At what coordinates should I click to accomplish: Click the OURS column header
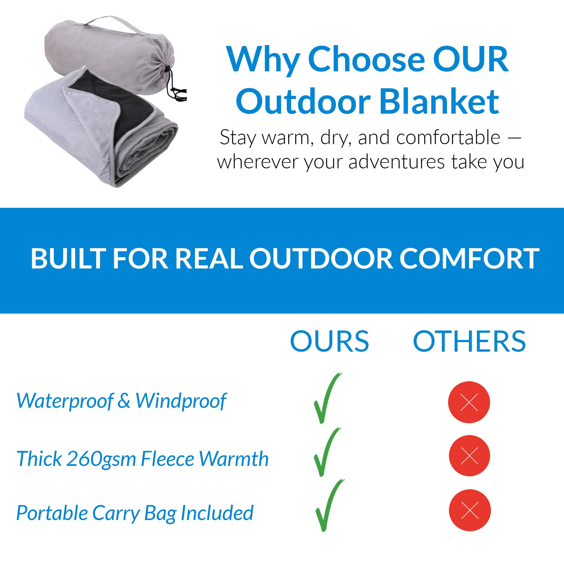[330, 341]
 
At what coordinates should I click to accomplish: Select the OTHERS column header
[469, 341]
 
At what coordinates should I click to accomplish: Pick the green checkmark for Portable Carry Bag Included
[330, 506]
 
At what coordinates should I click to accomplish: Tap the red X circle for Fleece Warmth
[470, 456]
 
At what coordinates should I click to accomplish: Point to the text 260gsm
[102, 459]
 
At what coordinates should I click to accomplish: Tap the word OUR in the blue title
[471, 59]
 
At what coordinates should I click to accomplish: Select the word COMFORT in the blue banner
[469, 259]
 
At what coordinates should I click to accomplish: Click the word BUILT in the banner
[68, 259]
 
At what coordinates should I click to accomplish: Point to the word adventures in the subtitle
[397, 162]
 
